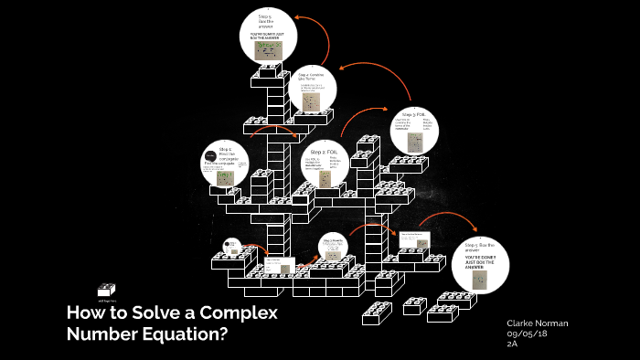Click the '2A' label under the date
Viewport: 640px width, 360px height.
(512, 345)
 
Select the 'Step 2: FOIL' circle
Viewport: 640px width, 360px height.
(328, 164)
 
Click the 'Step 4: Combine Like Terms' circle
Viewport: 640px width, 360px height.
(311, 94)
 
